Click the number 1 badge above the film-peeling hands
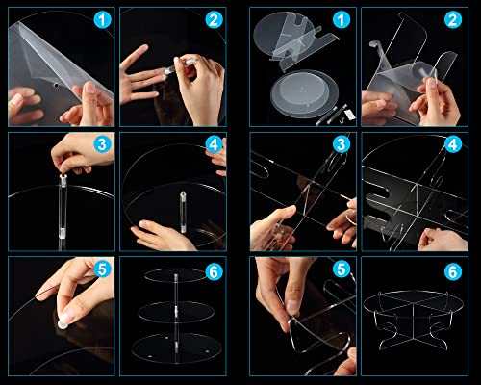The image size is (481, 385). click(103, 20)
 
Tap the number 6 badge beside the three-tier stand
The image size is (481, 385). click(214, 272)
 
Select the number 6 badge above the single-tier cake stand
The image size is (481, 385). click(453, 272)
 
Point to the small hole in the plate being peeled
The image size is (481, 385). click(56, 86)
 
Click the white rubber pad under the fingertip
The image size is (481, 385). click(63, 324)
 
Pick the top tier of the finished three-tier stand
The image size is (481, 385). click(175, 275)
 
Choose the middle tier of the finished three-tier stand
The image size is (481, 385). click(176, 312)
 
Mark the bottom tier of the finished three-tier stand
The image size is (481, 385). click(176, 348)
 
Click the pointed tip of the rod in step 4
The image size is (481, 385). click(183, 192)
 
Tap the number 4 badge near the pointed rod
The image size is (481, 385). click(214, 145)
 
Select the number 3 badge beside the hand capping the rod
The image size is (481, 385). click(103, 144)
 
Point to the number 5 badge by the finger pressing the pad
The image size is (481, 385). click(103, 269)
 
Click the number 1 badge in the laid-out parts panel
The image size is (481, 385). click(342, 20)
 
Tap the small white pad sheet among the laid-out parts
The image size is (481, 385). click(350, 114)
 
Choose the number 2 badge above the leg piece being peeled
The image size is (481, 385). click(453, 20)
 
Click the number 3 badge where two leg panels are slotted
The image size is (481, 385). click(342, 144)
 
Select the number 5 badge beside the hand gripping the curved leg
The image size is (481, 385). click(342, 269)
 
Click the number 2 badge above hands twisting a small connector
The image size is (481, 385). click(214, 20)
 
